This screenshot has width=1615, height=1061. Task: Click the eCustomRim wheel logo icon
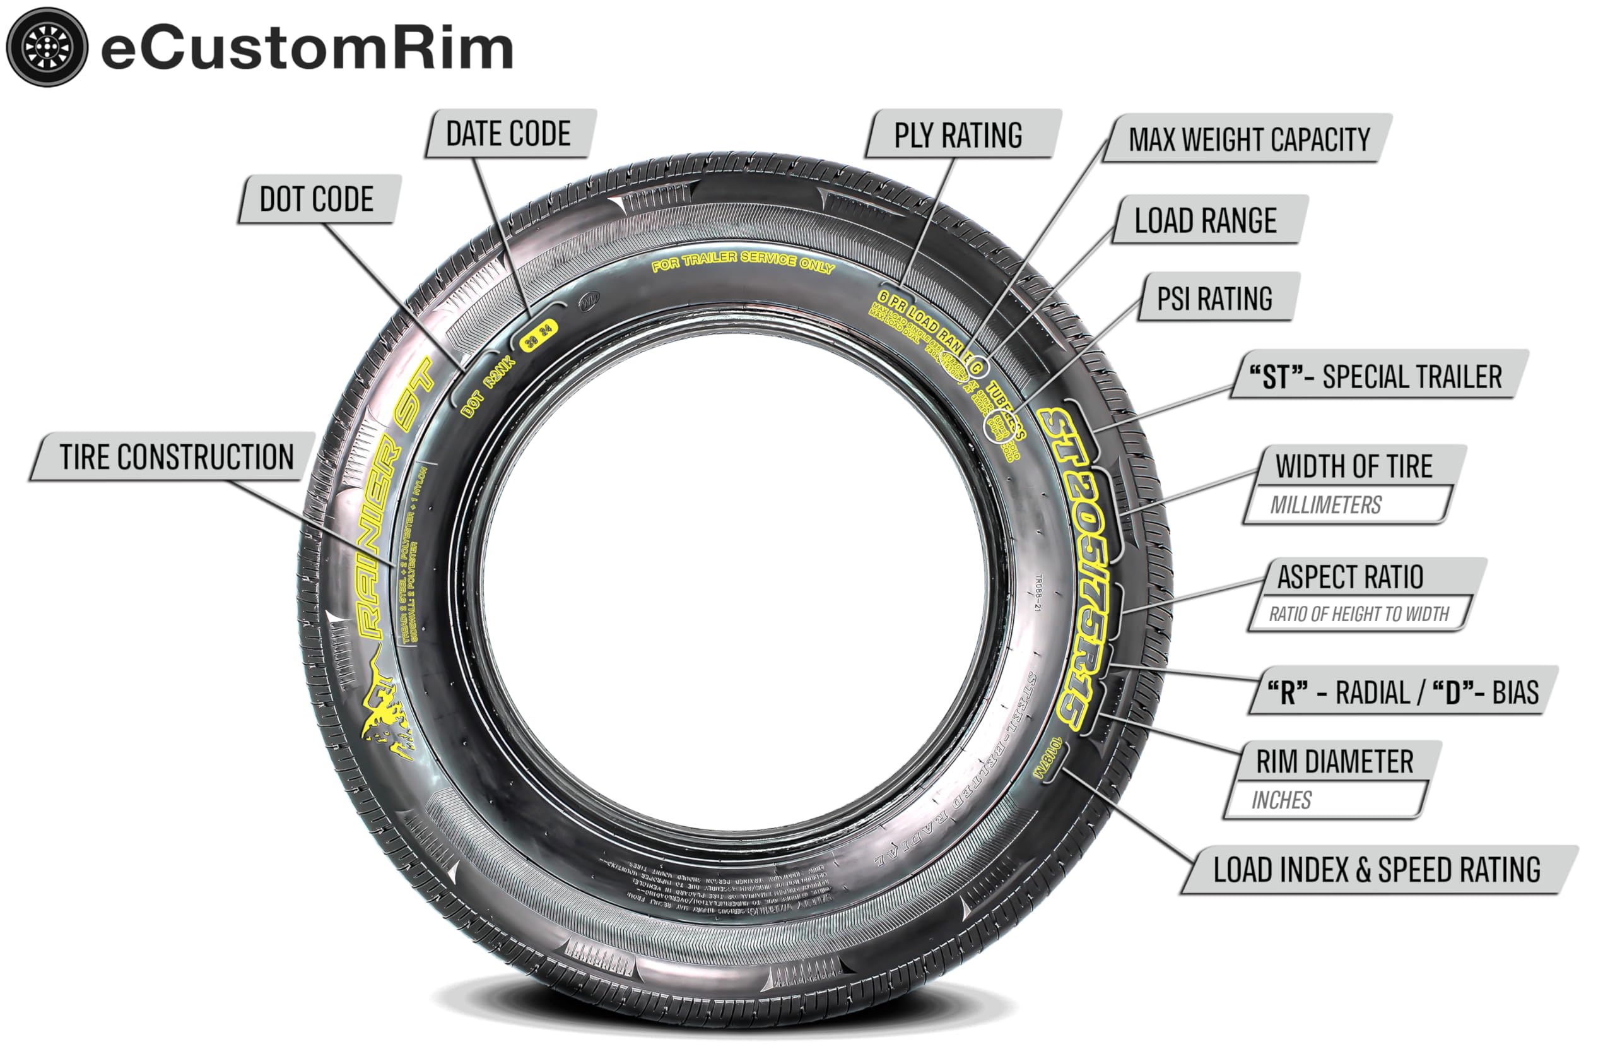pyautogui.click(x=47, y=47)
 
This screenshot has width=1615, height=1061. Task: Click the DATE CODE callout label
pyautogui.click(x=509, y=134)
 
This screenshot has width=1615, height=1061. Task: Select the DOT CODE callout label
pyautogui.click(x=317, y=199)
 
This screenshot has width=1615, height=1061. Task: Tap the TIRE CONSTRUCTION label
pyautogui.click(x=177, y=457)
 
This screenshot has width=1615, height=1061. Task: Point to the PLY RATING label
pyautogui.click(x=958, y=135)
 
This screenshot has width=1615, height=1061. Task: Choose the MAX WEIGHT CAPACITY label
pyautogui.click(x=1249, y=139)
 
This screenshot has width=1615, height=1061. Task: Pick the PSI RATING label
pyautogui.click(x=1214, y=299)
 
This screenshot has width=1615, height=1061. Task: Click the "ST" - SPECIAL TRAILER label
pyautogui.click(x=1376, y=376)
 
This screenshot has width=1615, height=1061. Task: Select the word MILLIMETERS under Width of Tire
pyautogui.click(x=1326, y=505)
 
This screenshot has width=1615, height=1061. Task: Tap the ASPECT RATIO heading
pyautogui.click(x=1351, y=577)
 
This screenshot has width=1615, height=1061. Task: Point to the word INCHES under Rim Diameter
pyautogui.click(x=1281, y=800)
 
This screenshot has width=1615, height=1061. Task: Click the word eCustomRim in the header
pyautogui.click(x=307, y=49)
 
